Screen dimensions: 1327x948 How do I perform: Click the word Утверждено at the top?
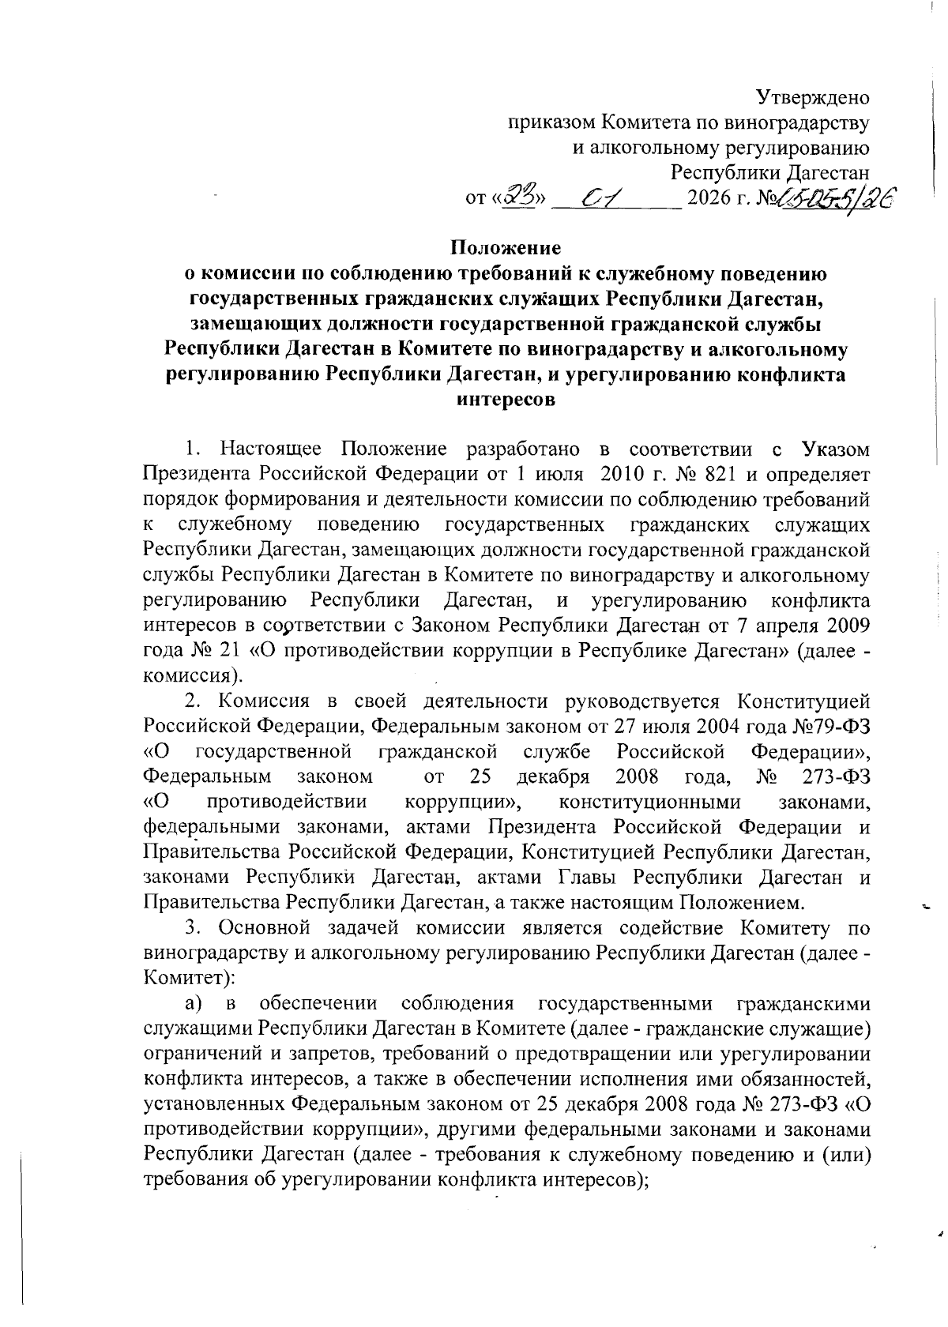click(x=813, y=98)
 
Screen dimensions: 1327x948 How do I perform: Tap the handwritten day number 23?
click(x=520, y=194)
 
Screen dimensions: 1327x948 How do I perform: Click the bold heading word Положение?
click(x=506, y=248)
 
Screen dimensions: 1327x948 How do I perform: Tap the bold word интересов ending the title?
click(x=506, y=400)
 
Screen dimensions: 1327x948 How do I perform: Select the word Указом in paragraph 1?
click(x=836, y=449)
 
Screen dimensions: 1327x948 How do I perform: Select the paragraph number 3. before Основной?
click(x=192, y=929)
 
